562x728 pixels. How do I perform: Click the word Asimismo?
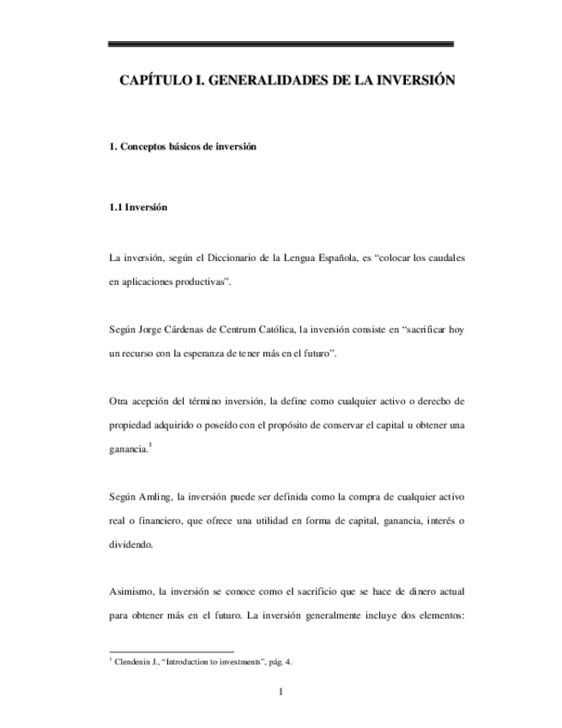tap(133, 593)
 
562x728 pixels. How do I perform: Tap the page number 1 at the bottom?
tap(281, 693)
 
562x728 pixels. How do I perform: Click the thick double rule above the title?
tap(281, 44)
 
